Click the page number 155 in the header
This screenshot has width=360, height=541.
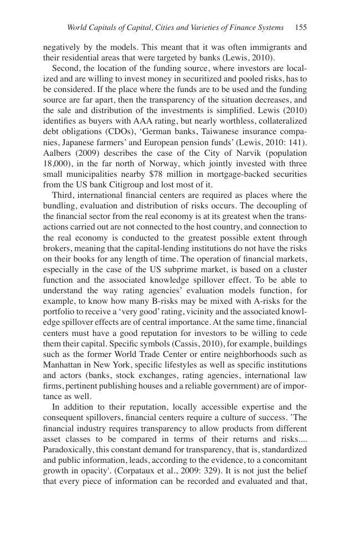point(301,27)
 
